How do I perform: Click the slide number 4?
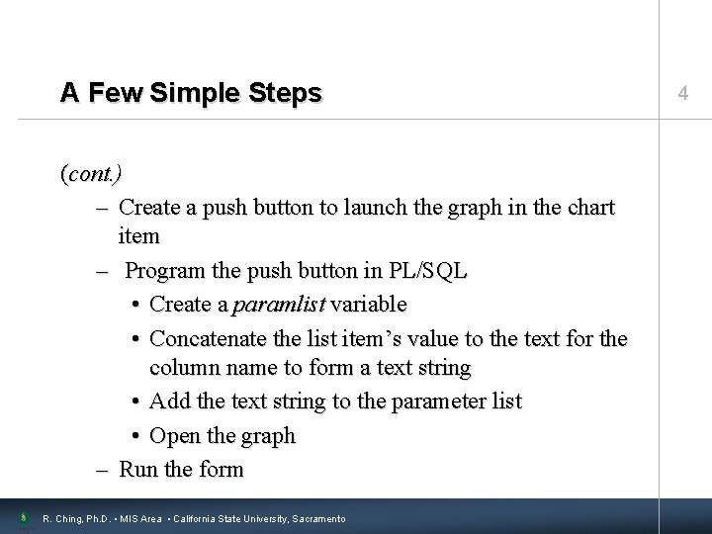pos(682,93)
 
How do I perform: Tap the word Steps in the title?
pos(287,93)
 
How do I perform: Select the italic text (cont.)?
pos(91,174)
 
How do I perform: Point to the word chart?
pos(589,208)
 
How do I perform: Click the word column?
pos(185,369)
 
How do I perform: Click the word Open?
pos(174,435)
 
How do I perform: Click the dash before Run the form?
pos(103,468)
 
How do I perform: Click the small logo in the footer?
pos(21,516)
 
